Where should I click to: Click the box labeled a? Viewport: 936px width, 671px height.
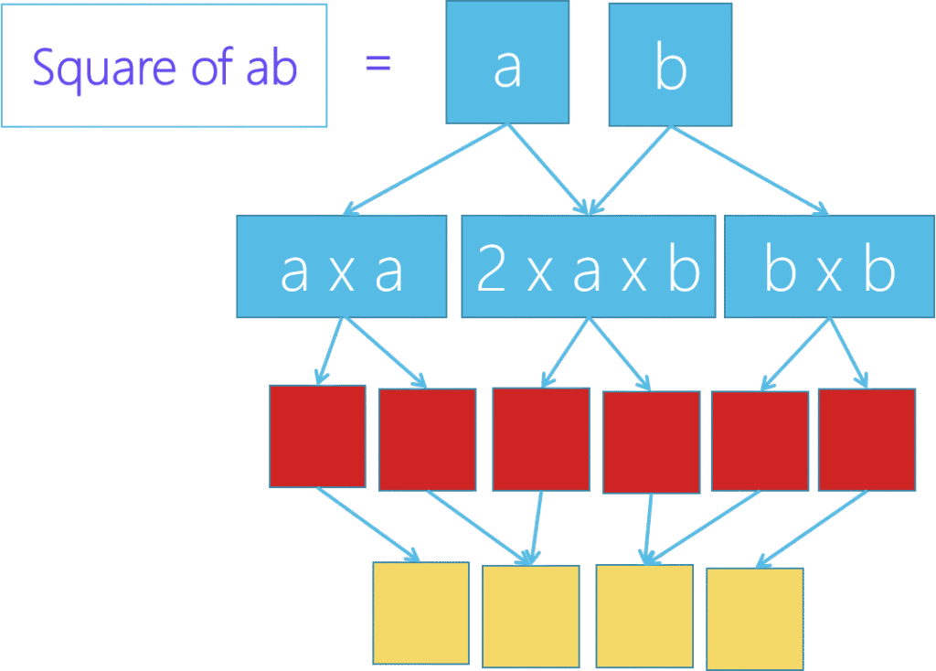click(506, 63)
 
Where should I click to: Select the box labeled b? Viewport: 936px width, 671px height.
click(670, 64)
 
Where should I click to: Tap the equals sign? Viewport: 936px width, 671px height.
click(378, 64)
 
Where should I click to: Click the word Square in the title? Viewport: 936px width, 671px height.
click(102, 69)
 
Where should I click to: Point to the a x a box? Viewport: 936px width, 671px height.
click(341, 267)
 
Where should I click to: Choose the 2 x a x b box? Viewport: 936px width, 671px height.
click(588, 267)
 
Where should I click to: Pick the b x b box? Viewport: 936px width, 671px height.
click(829, 267)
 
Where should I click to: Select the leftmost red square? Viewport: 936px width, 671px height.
click(317, 436)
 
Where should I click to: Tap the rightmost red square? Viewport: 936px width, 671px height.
click(867, 439)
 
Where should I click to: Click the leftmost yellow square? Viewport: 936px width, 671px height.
click(420, 612)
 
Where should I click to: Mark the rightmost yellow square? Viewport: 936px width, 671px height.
click(755, 619)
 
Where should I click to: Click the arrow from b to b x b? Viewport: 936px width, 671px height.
click(750, 169)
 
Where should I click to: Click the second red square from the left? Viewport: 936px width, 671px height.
click(427, 439)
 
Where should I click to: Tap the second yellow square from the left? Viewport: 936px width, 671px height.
click(530, 615)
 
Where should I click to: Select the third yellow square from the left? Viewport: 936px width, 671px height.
click(643, 615)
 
